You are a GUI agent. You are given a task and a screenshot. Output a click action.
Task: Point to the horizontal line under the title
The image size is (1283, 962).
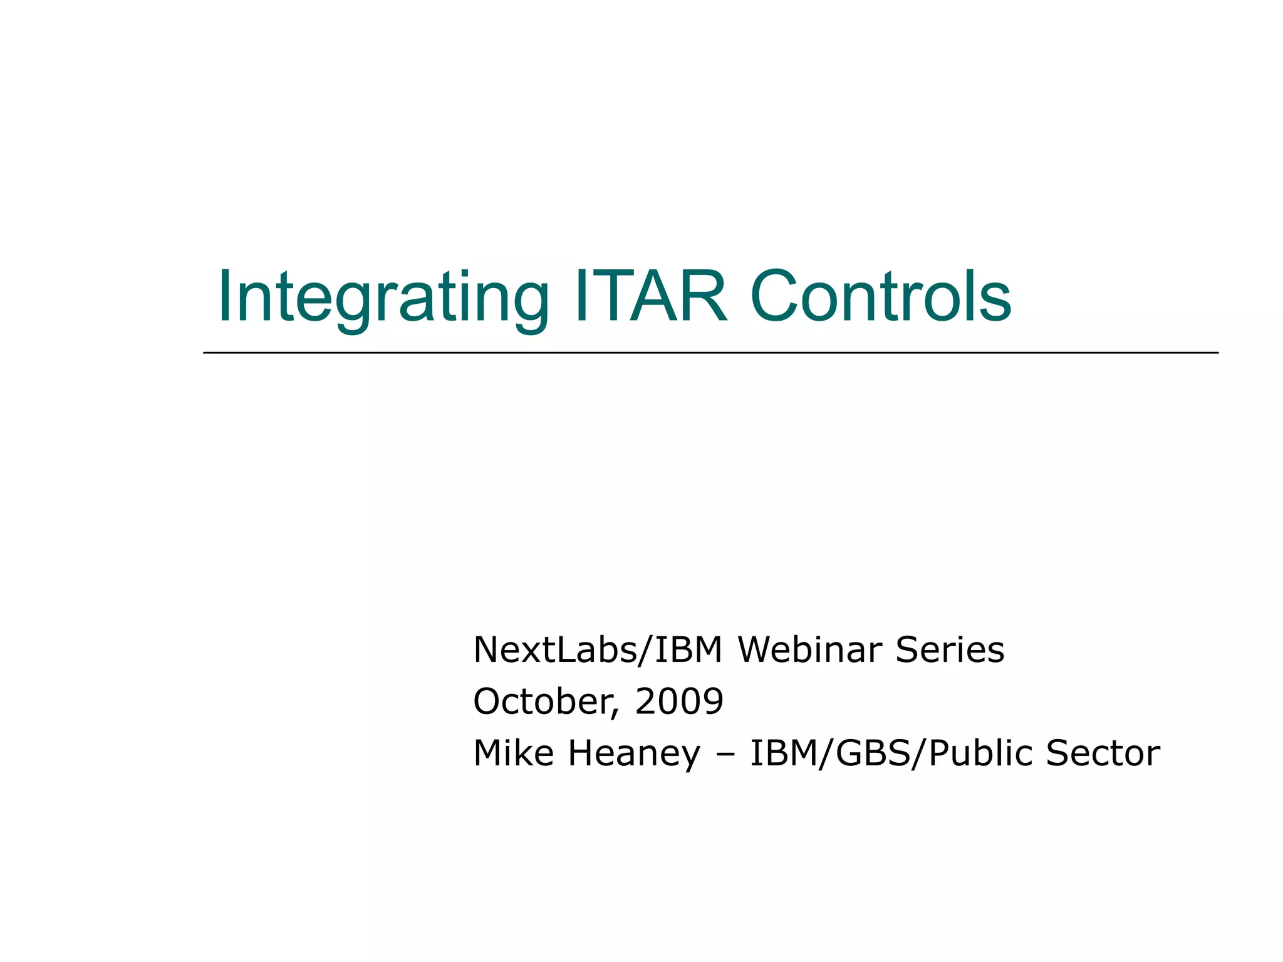click(x=710, y=353)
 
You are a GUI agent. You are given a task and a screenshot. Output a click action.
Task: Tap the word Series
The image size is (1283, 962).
click(x=950, y=649)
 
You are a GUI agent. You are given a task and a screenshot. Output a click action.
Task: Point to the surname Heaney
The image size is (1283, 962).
click(x=634, y=753)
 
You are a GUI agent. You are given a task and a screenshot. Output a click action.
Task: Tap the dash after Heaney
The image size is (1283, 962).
click(x=725, y=755)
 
